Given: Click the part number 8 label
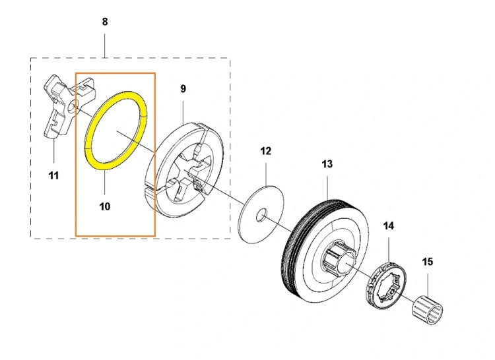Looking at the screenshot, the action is [105, 22].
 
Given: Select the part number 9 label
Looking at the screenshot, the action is [183, 88].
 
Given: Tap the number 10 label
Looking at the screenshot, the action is [105, 206].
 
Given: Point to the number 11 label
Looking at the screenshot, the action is [53, 175].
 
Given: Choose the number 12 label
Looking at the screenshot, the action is [265, 151].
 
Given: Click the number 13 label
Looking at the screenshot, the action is [327, 164].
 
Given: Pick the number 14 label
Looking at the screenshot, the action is [389, 225].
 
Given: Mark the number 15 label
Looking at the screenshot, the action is [428, 262].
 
